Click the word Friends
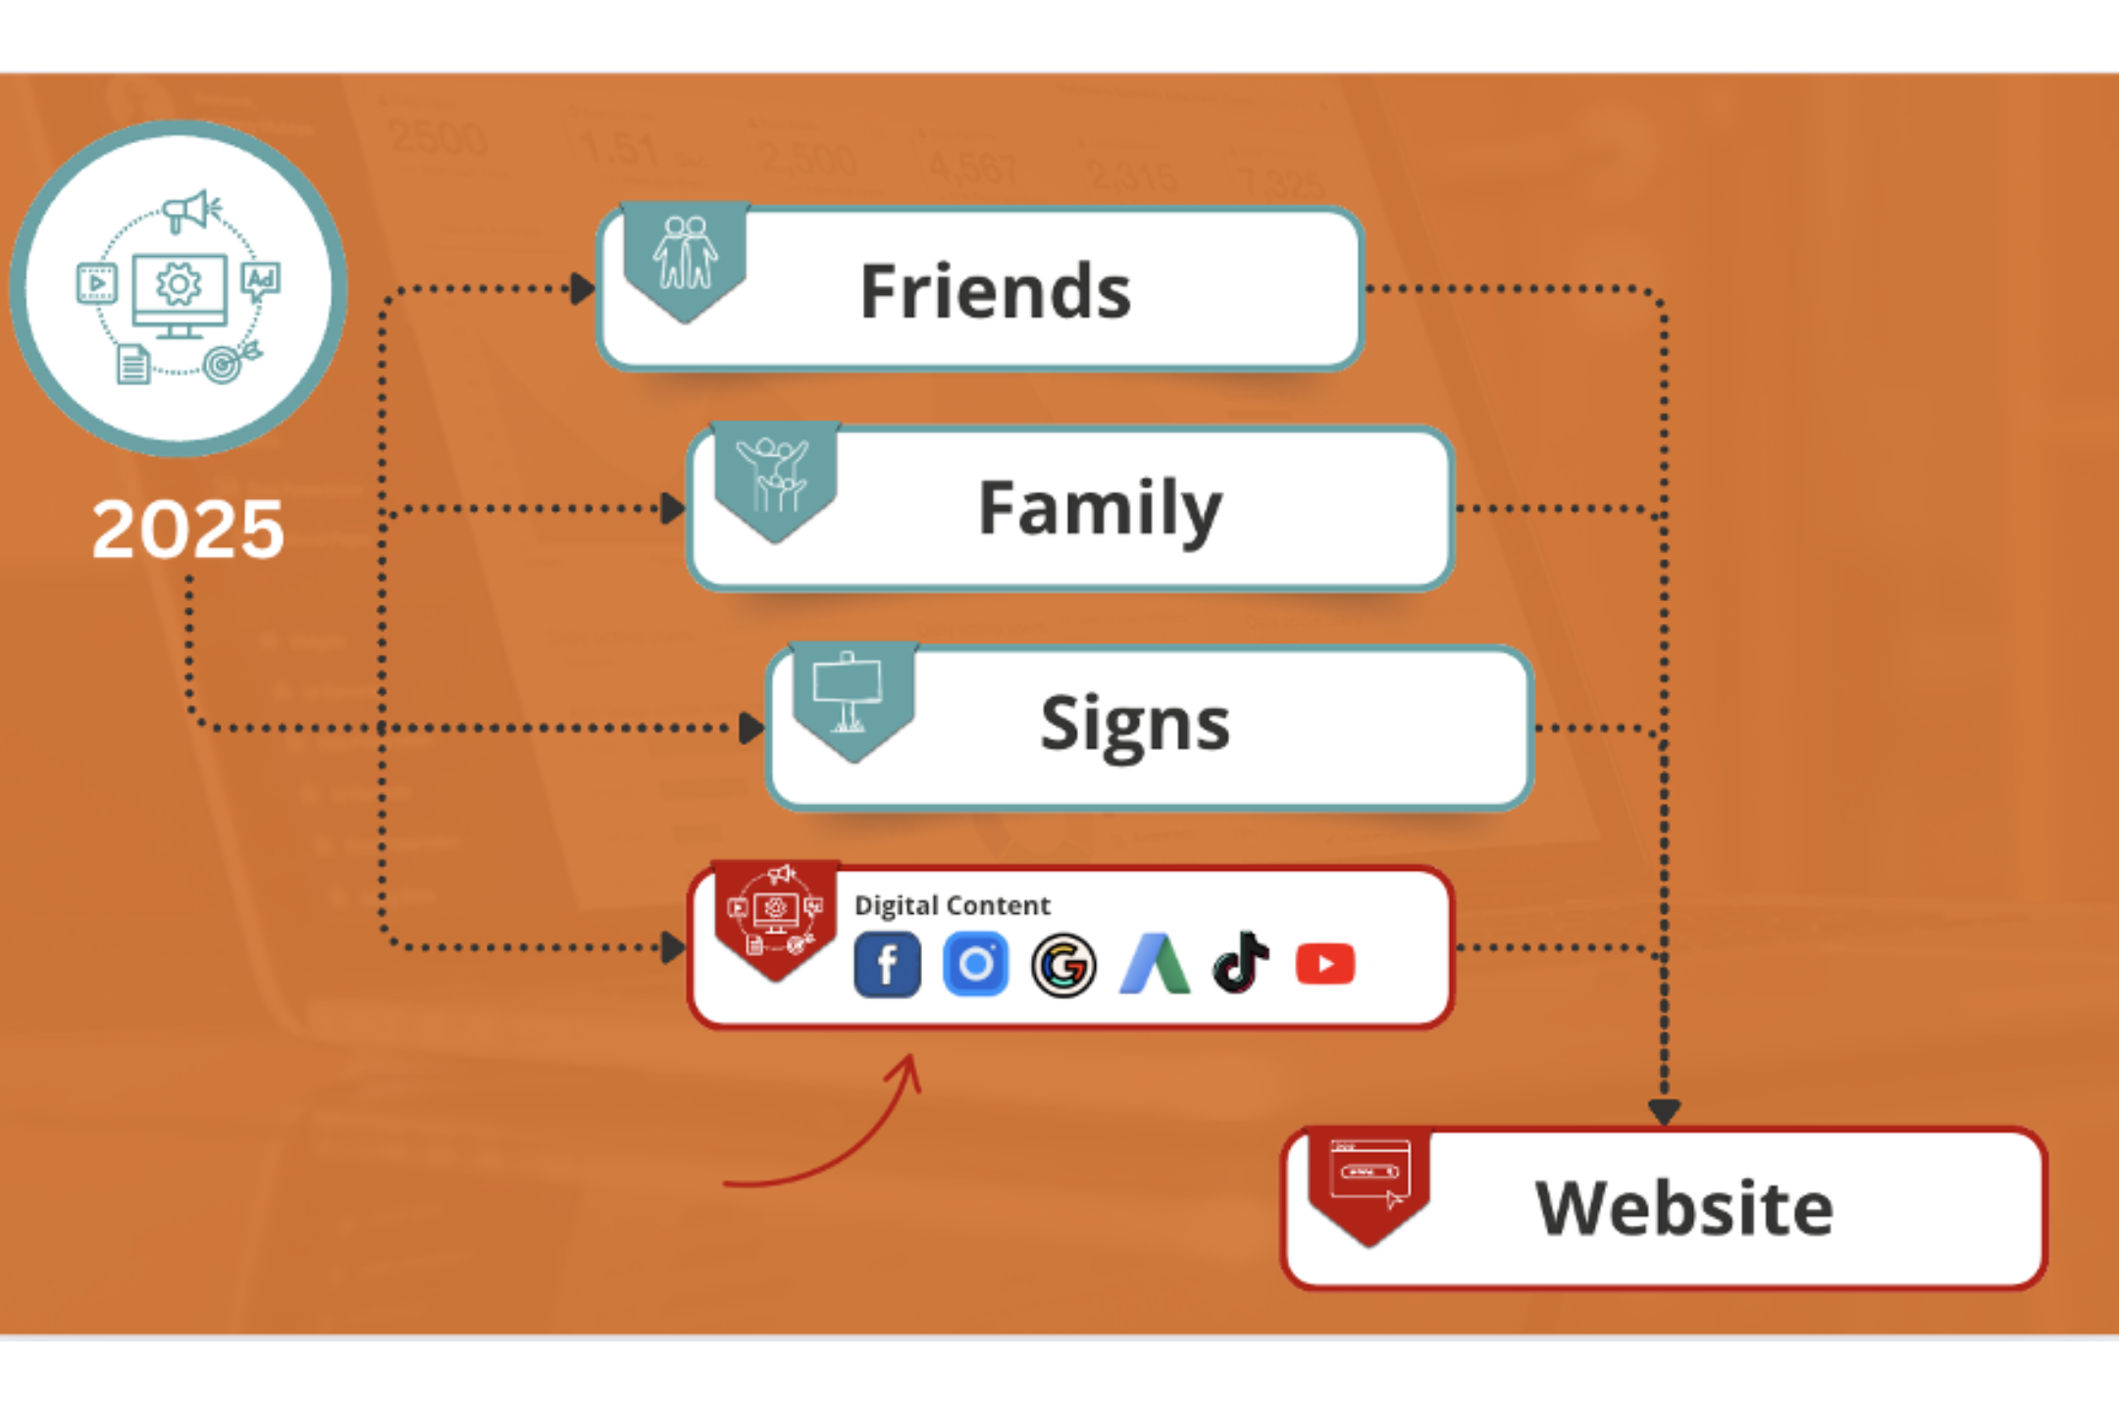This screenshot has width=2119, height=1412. coord(995,291)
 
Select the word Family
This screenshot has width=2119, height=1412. coord(1100,509)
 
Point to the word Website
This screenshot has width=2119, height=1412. coord(1683,1208)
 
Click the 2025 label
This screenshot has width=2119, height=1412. coord(187,529)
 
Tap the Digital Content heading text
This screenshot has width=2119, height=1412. coord(952,905)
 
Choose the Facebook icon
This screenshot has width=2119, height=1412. coord(887,965)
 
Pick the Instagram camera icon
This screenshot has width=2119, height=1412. coord(975,965)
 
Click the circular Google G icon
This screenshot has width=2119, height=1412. coord(1063,966)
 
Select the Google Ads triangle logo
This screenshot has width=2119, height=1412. coord(1154,965)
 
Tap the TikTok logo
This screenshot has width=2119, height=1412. coord(1241,963)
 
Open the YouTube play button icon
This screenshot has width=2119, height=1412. coord(1325,965)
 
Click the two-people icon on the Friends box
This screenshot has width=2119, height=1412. coord(686,254)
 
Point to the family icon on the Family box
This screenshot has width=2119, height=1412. coord(774,475)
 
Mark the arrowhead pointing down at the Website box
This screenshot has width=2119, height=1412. coord(1664,1112)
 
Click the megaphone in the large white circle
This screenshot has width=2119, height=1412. coord(190,210)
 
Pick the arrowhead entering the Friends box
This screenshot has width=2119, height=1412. coord(584,289)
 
